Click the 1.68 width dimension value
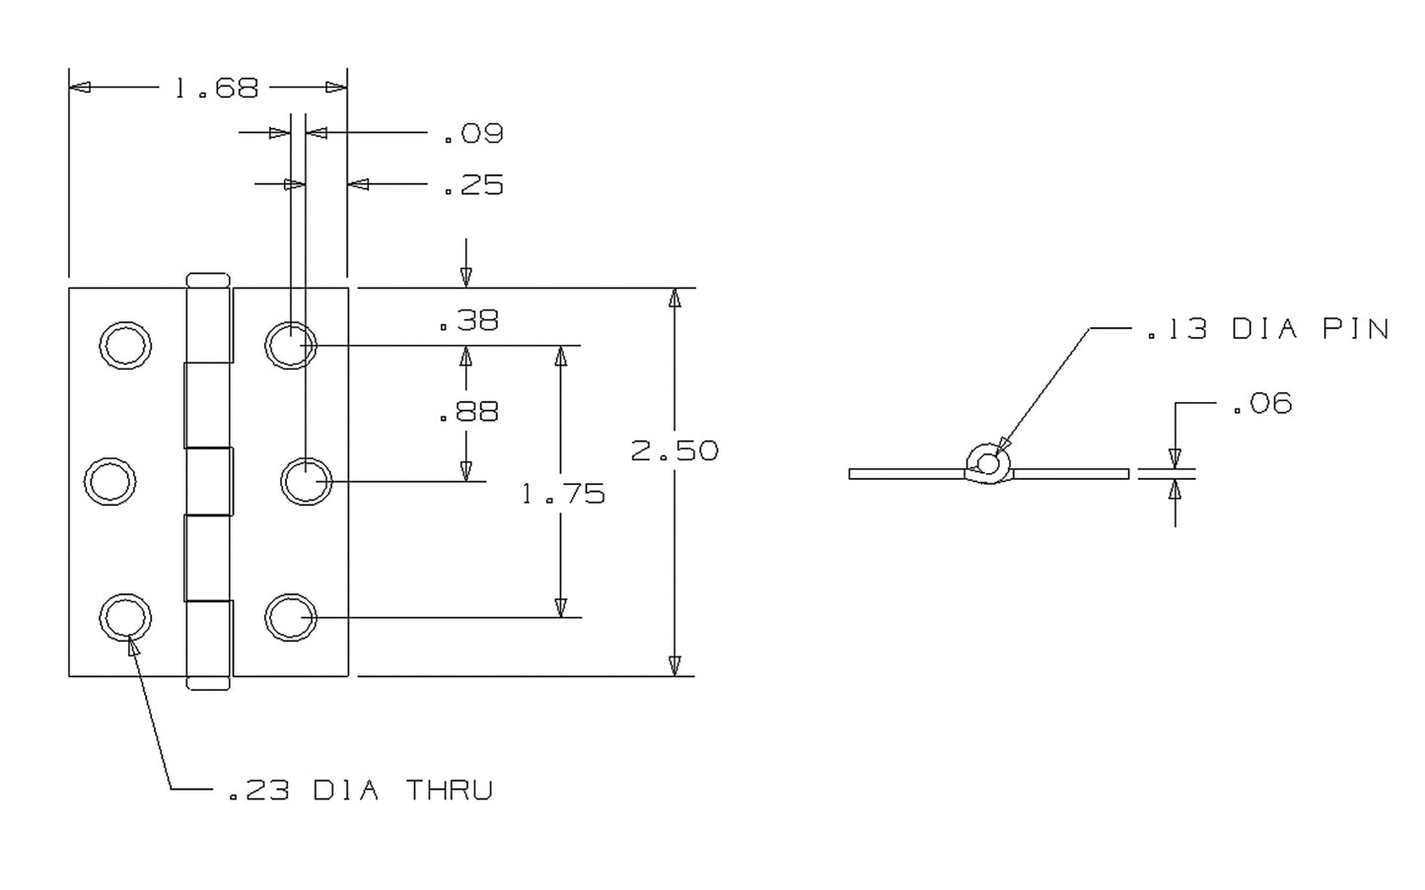coord(216,89)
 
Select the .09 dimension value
coord(473,133)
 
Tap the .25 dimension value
coord(473,185)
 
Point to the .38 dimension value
coord(468,320)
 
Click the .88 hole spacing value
coord(468,411)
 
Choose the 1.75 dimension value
coord(563,493)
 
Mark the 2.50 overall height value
coord(675,450)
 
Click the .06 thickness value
coord(1261,404)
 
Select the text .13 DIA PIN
coord(1267,329)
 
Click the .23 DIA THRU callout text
coord(360,790)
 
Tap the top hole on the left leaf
coord(125,345)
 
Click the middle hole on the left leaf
coord(109,481)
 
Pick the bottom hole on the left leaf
coord(125,618)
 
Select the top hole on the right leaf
coord(290,345)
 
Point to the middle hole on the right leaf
coord(306,481)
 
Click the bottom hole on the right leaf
coord(290,618)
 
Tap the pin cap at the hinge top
coord(208,280)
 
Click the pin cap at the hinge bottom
coord(208,683)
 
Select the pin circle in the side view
coord(988,462)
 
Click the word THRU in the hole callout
coord(450,790)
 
